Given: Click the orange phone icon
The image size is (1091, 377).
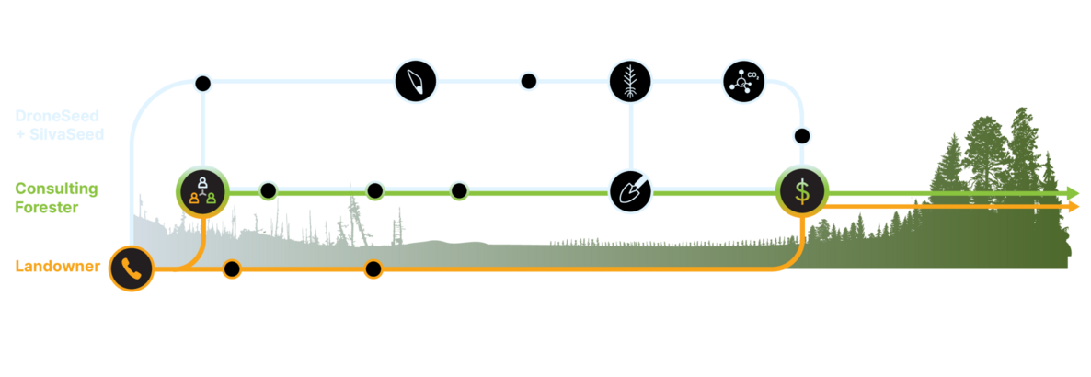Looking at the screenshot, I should pyautogui.click(x=131, y=268).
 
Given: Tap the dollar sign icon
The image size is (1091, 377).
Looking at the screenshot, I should pyautogui.click(x=802, y=191).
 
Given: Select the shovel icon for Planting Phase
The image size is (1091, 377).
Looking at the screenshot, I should pyautogui.click(x=630, y=190).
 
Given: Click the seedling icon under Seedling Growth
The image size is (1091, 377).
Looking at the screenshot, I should pyautogui.click(x=630, y=81).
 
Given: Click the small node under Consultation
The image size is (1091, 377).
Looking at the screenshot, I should pyautogui.click(x=202, y=84).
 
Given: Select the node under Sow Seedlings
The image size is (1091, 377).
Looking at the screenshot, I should pyautogui.click(x=528, y=81).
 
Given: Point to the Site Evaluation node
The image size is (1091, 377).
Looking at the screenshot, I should pyautogui.click(x=268, y=190).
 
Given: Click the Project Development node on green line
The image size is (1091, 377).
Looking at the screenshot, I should pyautogui.click(x=373, y=190).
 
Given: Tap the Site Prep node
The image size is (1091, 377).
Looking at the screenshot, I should pyautogui.click(x=459, y=190).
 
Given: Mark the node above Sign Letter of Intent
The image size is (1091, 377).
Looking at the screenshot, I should pyautogui.click(x=232, y=268).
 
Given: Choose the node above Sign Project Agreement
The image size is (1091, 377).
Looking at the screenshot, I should pyautogui.click(x=373, y=268).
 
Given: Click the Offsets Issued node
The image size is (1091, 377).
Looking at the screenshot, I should pyautogui.click(x=801, y=136).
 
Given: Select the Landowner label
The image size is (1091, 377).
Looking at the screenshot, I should pyautogui.click(x=55, y=267).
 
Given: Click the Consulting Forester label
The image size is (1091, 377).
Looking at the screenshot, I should pyautogui.click(x=55, y=197).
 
